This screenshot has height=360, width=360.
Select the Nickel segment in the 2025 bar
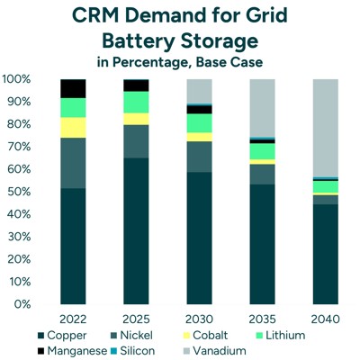(136, 141)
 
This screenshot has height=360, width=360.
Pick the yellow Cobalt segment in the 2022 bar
(72, 128)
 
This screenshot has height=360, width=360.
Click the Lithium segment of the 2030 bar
(199, 122)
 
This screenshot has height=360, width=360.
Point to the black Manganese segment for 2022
(72, 88)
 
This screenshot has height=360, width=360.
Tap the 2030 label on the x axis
(199, 319)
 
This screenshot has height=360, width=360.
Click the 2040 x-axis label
(325, 319)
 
